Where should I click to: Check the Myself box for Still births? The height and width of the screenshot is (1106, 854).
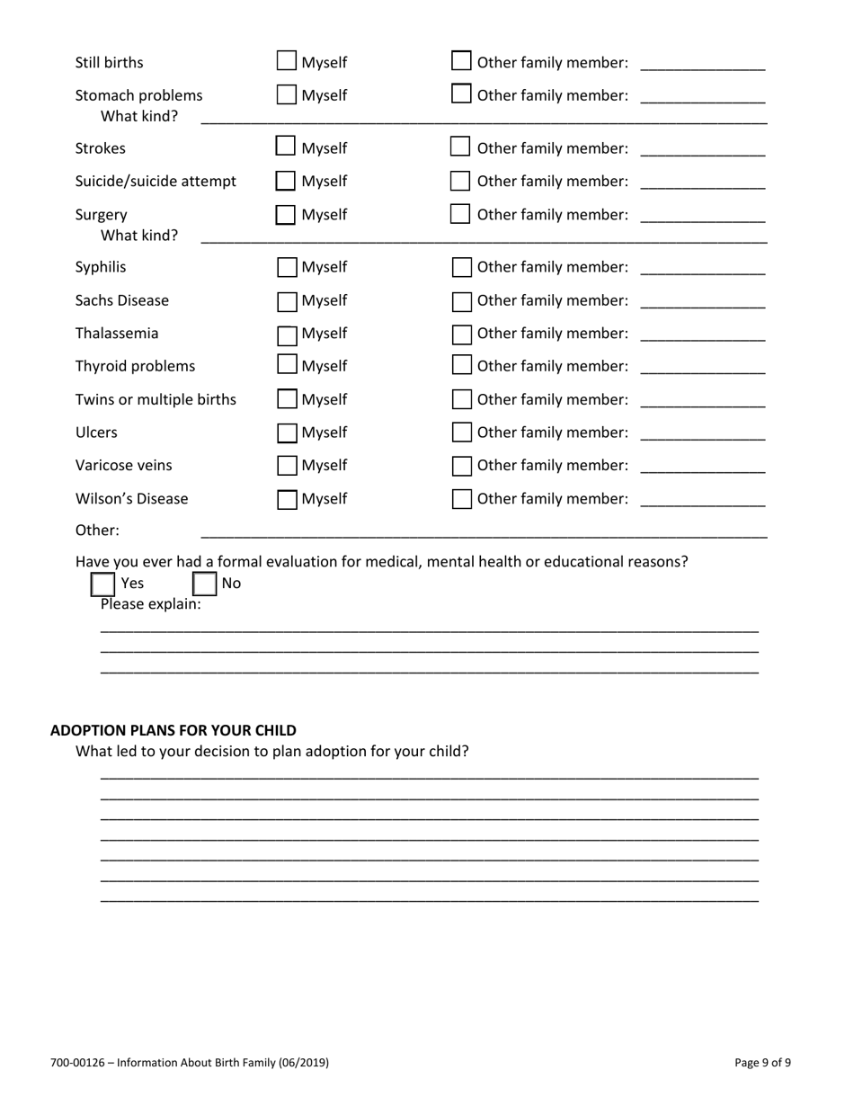tap(286, 62)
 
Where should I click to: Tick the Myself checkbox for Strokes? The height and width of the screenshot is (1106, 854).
tap(286, 147)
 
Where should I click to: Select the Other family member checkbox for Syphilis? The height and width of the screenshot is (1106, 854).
tap(461, 268)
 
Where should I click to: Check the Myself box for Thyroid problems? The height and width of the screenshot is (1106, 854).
tap(286, 366)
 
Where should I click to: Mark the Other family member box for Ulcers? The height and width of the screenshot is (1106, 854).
tap(461, 433)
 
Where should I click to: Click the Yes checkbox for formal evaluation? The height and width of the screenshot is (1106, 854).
tap(103, 584)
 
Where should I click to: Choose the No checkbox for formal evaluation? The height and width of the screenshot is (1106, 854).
tap(206, 584)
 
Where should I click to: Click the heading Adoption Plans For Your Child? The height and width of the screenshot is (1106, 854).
tap(173, 729)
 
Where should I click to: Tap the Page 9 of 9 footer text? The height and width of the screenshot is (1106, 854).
tap(762, 1063)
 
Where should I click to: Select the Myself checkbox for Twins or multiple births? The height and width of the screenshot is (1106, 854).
tap(286, 399)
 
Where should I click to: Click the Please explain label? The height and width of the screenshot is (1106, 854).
tap(151, 604)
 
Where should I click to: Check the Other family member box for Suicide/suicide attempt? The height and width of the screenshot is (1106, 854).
tap(461, 182)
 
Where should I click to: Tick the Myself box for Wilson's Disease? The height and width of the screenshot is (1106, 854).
tap(286, 499)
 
